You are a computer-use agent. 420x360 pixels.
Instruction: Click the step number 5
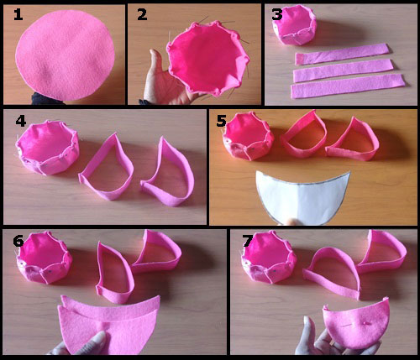(x=221, y=122)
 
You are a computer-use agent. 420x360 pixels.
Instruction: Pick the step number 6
(x=18, y=242)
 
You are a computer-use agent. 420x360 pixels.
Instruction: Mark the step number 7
(x=245, y=242)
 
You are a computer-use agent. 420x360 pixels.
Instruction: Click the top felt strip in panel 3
(x=339, y=53)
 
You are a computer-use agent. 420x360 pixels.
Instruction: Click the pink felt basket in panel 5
(x=248, y=138)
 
